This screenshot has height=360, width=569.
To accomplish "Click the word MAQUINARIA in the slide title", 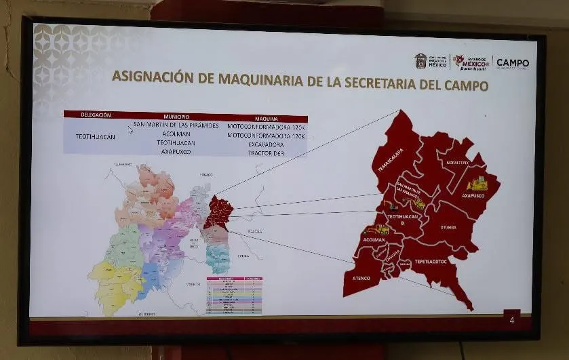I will click(260, 77).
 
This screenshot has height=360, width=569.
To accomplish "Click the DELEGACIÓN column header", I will click(96, 115).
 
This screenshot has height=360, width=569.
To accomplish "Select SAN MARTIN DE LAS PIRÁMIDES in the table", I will click(176, 125).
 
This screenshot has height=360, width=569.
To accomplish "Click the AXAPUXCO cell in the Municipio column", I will click(176, 152).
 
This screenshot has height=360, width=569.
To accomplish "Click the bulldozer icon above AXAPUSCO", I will click(477, 183).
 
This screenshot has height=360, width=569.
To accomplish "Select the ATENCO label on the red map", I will click(361, 277).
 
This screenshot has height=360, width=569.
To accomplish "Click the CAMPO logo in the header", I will click(513, 63).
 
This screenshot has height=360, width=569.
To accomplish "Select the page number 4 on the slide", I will click(511, 320).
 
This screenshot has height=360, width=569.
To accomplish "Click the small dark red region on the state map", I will click(219, 212).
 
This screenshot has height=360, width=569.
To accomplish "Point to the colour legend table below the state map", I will click(234, 295).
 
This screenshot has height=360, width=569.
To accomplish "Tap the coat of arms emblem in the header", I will click(421, 61).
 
